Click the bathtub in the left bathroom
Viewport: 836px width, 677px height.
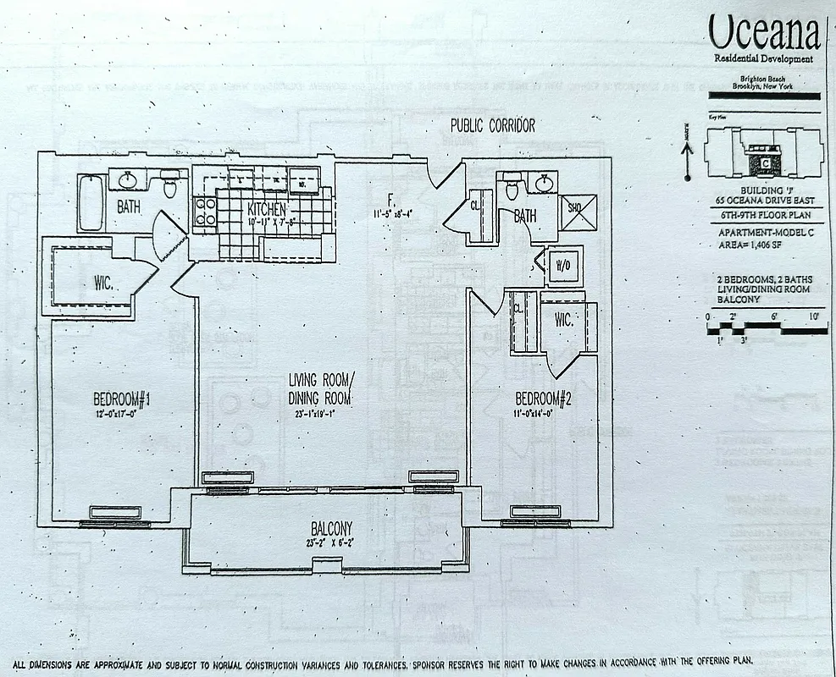pos(91,202)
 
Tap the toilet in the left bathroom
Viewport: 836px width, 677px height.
pos(169,185)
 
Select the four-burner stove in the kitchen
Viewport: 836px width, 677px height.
pos(206,211)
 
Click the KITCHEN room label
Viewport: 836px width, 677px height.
pos(266,209)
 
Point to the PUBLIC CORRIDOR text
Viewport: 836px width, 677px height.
pos(492,126)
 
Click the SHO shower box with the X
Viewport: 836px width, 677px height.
pos(578,212)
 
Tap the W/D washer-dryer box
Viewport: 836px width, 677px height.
pos(562,263)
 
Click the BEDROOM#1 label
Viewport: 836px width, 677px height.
pos(121,399)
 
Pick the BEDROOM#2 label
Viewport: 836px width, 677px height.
pos(544,399)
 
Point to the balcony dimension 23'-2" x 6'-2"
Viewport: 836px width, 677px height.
pos(331,543)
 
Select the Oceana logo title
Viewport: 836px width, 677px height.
pos(764,34)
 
